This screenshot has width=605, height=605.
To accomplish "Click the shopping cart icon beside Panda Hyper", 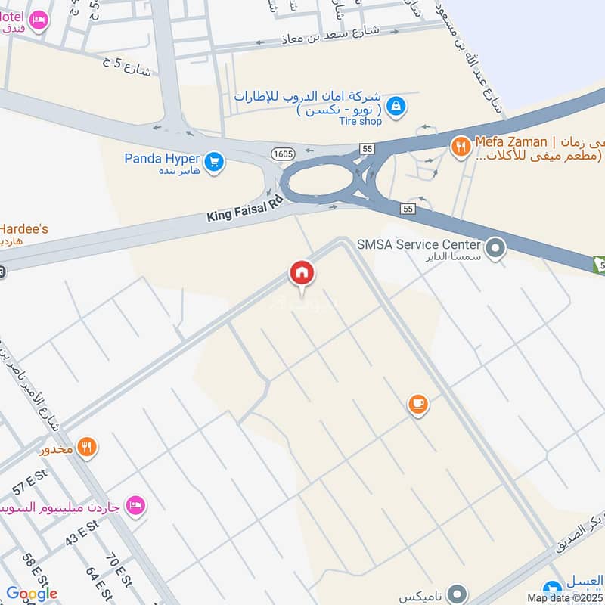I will [215, 161].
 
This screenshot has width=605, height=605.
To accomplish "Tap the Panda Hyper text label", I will [162, 158].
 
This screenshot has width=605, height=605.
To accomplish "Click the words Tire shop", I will [361, 121].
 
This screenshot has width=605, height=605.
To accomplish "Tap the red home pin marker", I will [302, 273].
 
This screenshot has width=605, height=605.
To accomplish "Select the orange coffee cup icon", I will [417, 405].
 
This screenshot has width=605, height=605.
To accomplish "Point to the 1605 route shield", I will [283, 154].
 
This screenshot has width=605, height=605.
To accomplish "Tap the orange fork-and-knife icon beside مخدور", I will [88, 448].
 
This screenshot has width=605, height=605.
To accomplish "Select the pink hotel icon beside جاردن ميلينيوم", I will [135, 504].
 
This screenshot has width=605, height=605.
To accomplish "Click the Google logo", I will [32, 594].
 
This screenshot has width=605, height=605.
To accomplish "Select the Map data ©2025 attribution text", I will [565, 597].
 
